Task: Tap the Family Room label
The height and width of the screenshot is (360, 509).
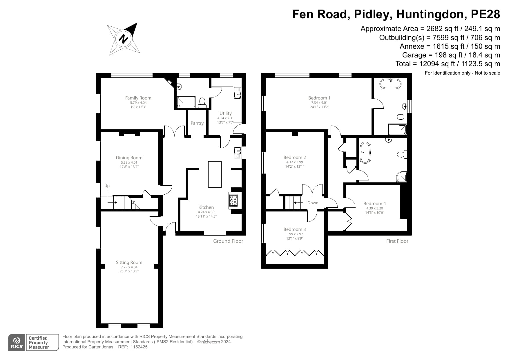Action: (x=138, y=98)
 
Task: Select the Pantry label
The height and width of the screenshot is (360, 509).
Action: (x=197, y=123)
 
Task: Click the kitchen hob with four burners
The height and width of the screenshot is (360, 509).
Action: (x=233, y=200)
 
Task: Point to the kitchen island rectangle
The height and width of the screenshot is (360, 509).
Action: (x=215, y=174)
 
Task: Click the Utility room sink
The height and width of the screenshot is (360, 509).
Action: (x=238, y=93)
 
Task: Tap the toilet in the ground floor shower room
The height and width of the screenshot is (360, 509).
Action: (x=202, y=102)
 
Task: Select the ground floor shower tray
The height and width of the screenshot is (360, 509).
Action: (x=186, y=102)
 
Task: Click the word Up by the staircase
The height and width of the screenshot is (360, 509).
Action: (x=107, y=186)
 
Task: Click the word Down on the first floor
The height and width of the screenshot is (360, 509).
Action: (x=313, y=203)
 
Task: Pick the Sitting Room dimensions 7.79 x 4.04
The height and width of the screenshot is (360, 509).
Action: (x=129, y=267)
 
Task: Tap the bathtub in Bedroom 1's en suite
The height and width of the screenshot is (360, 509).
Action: (x=391, y=84)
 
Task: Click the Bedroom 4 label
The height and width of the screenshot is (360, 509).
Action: (x=374, y=204)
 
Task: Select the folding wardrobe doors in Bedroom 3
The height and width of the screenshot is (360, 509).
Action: (x=295, y=253)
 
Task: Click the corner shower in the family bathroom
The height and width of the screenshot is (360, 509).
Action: (x=402, y=177)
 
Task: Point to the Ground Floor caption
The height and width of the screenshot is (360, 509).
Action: (x=228, y=241)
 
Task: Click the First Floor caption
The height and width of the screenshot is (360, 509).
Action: (x=397, y=241)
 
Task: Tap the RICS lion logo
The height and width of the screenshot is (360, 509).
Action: (x=17, y=342)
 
